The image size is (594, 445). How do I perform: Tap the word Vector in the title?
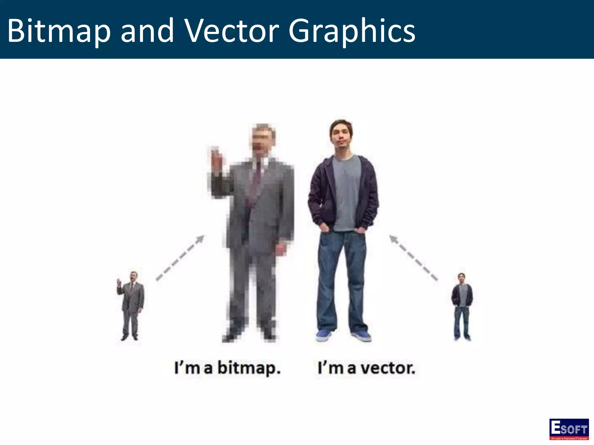click(x=232, y=31)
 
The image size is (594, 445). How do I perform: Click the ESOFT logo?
click(x=569, y=429)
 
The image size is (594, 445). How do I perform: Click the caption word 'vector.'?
click(x=389, y=368)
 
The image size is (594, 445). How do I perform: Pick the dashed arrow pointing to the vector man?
click(x=413, y=258)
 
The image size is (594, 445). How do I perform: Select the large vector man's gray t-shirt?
click(x=346, y=191)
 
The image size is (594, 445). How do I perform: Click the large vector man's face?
click(x=342, y=139)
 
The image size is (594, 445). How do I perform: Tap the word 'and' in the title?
click(x=147, y=31)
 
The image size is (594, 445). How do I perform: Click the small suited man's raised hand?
click(x=119, y=282)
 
